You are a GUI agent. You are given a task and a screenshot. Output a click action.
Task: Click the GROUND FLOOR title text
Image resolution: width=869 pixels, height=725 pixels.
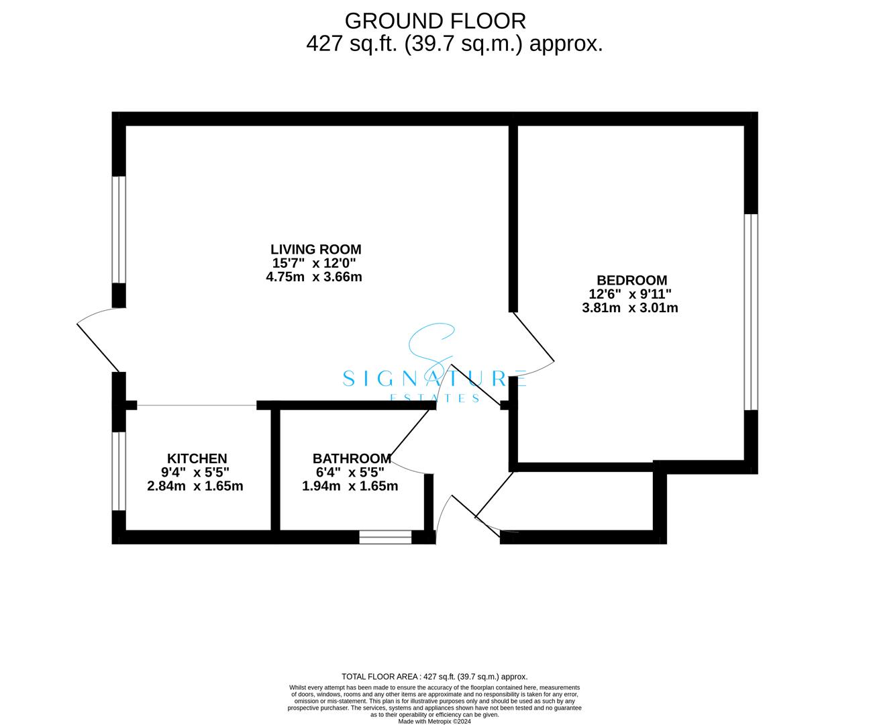click(435, 21)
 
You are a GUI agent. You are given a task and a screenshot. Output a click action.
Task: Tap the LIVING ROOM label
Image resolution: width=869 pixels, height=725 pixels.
click(315, 249)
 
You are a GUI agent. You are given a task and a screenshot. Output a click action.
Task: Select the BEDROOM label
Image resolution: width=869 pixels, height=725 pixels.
click(631, 280)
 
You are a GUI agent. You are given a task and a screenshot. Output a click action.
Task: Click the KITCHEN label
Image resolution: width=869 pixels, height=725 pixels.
click(197, 458)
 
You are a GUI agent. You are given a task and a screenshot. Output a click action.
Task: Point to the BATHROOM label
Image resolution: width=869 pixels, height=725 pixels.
click(352, 458)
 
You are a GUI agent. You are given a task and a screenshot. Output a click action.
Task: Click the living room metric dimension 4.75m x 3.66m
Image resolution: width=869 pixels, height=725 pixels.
click(314, 277)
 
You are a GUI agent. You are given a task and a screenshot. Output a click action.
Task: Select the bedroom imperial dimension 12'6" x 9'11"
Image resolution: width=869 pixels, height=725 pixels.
click(630, 294)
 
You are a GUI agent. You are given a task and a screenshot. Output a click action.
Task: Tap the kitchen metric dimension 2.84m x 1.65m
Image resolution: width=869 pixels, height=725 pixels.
click(195, 486)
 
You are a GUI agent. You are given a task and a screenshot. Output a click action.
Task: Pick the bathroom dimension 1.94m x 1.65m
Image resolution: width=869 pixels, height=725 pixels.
click(350, 486)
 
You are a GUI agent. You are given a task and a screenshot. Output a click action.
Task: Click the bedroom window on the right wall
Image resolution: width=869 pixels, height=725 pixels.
click(751, 311)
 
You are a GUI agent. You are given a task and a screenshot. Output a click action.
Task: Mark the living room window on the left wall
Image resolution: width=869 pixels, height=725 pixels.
click(119, 230)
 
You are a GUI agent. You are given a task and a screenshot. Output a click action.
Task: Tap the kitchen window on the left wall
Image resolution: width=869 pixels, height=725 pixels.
click(119, 471)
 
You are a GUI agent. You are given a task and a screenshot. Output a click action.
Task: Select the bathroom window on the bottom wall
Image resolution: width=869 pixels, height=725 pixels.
click(385, 537)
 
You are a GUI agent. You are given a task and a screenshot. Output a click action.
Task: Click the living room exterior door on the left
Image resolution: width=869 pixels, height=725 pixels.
click(99, 342)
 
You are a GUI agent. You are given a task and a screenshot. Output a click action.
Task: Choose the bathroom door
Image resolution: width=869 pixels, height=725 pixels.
click(409, 436)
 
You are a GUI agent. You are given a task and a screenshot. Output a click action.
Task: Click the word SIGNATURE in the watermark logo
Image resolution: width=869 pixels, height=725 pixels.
click(433, 379)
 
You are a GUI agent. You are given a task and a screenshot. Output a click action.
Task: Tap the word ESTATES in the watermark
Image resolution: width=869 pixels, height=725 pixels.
click(435, 398)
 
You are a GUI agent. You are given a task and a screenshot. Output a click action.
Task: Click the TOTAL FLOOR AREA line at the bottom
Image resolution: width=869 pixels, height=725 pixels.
click(434, 677)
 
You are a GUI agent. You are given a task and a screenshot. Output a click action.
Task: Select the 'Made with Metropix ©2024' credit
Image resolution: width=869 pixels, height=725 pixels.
click(435, 722)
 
